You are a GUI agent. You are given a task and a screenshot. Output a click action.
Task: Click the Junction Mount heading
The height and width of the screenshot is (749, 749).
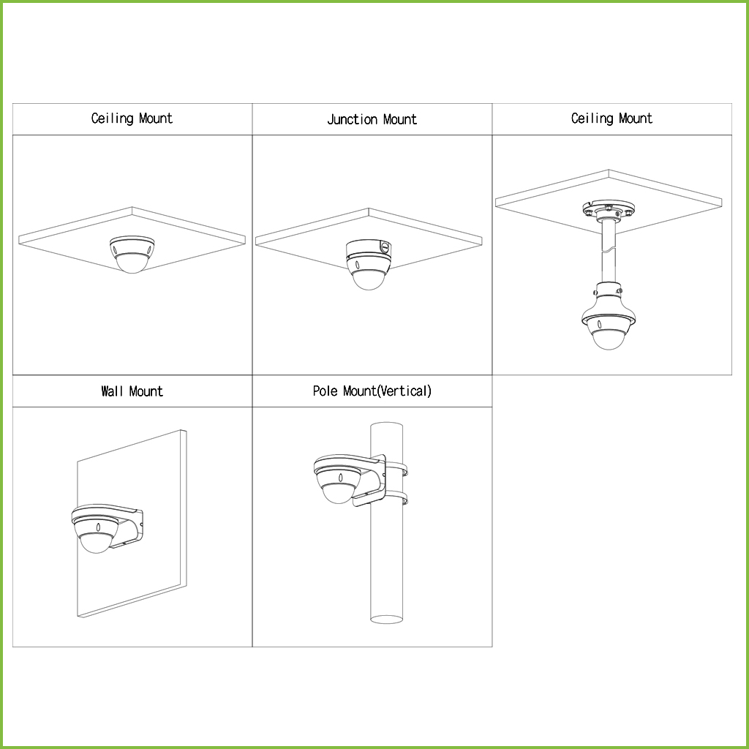372,119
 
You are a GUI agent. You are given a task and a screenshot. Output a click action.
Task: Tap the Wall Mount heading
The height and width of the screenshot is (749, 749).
132,391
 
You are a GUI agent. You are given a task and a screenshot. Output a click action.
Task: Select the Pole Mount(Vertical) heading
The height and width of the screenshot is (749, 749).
372,391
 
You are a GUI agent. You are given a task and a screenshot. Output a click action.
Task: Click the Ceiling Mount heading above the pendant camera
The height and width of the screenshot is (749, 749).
611,118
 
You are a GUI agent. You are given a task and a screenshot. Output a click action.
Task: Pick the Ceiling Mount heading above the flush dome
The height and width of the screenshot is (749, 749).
132,118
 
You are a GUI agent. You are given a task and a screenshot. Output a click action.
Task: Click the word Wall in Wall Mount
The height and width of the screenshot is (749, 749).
112,391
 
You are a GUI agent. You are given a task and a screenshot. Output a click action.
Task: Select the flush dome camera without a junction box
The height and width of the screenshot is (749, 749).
132,254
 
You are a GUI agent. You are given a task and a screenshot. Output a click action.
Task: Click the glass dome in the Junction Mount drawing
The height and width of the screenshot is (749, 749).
369,279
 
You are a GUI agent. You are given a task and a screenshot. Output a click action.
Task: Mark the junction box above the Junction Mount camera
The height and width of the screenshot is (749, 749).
369,249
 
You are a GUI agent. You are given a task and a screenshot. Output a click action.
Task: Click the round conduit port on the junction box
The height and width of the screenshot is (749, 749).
385,247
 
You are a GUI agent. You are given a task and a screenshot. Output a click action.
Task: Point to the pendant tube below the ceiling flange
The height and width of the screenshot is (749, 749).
608,251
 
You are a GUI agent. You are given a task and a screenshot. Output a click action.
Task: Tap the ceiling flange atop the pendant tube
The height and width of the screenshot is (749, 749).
608,210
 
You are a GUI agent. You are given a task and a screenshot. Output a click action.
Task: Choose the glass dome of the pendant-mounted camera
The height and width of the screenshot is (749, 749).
608,339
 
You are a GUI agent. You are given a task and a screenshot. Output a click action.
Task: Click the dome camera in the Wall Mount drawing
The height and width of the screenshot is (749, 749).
96,531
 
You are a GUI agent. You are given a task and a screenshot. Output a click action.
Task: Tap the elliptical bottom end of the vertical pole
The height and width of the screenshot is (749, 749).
386,620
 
